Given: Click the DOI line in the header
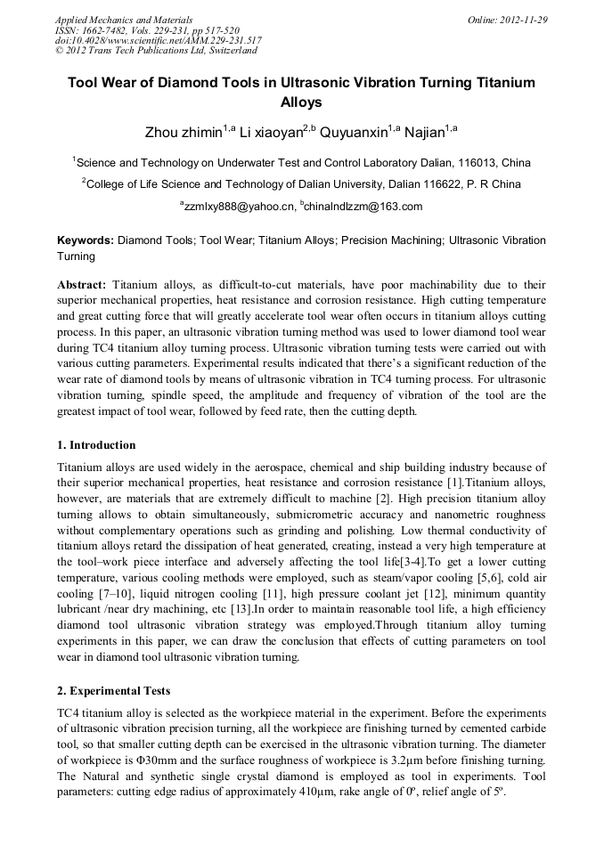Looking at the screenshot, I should pos(158,40).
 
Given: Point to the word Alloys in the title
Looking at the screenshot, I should pos(301,102).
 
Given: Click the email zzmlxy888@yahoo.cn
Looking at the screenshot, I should pos(239,207).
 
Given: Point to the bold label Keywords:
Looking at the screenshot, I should pos(86,240).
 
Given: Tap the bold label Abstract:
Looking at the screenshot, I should pos(82,284).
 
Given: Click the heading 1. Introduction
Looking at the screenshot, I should pos(96,445).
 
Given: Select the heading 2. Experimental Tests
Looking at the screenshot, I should pos(113,691).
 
